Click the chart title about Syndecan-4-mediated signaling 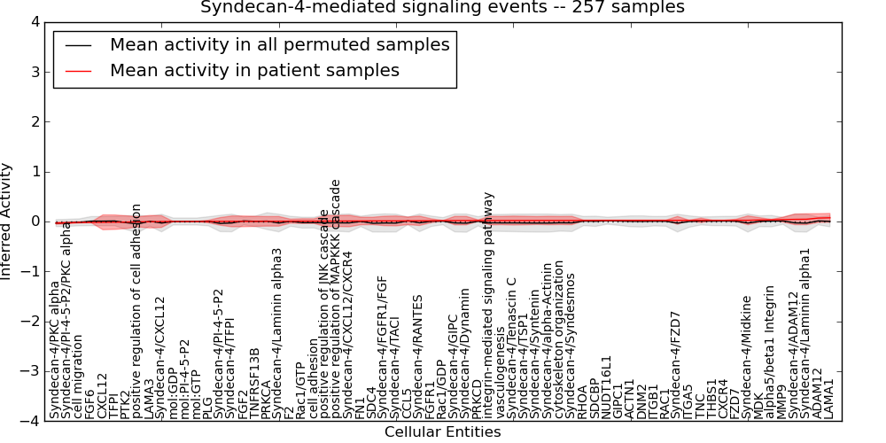point(442,7)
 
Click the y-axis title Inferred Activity point(8,221)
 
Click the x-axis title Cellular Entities point(442,432)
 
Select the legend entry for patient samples point(254,70)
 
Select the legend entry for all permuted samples point(279,44)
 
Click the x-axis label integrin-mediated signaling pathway point(488,305)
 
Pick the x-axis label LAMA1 point(829,398)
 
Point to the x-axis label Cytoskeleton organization point(558,349)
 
